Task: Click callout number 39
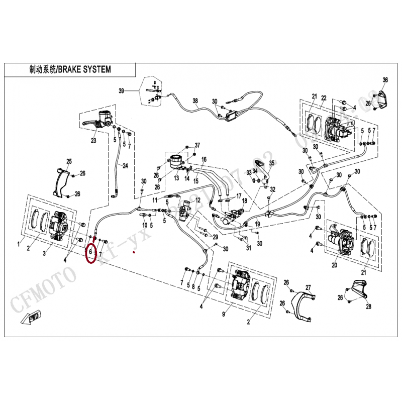click(121, 91)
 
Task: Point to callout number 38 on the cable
click(195, 100)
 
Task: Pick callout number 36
click(385, 80)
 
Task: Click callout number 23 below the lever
click(93, 141)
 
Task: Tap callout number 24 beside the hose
click(126, 166)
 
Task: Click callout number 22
click(324, 97)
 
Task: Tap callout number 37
click(197, 145)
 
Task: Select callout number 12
click(198, 200)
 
